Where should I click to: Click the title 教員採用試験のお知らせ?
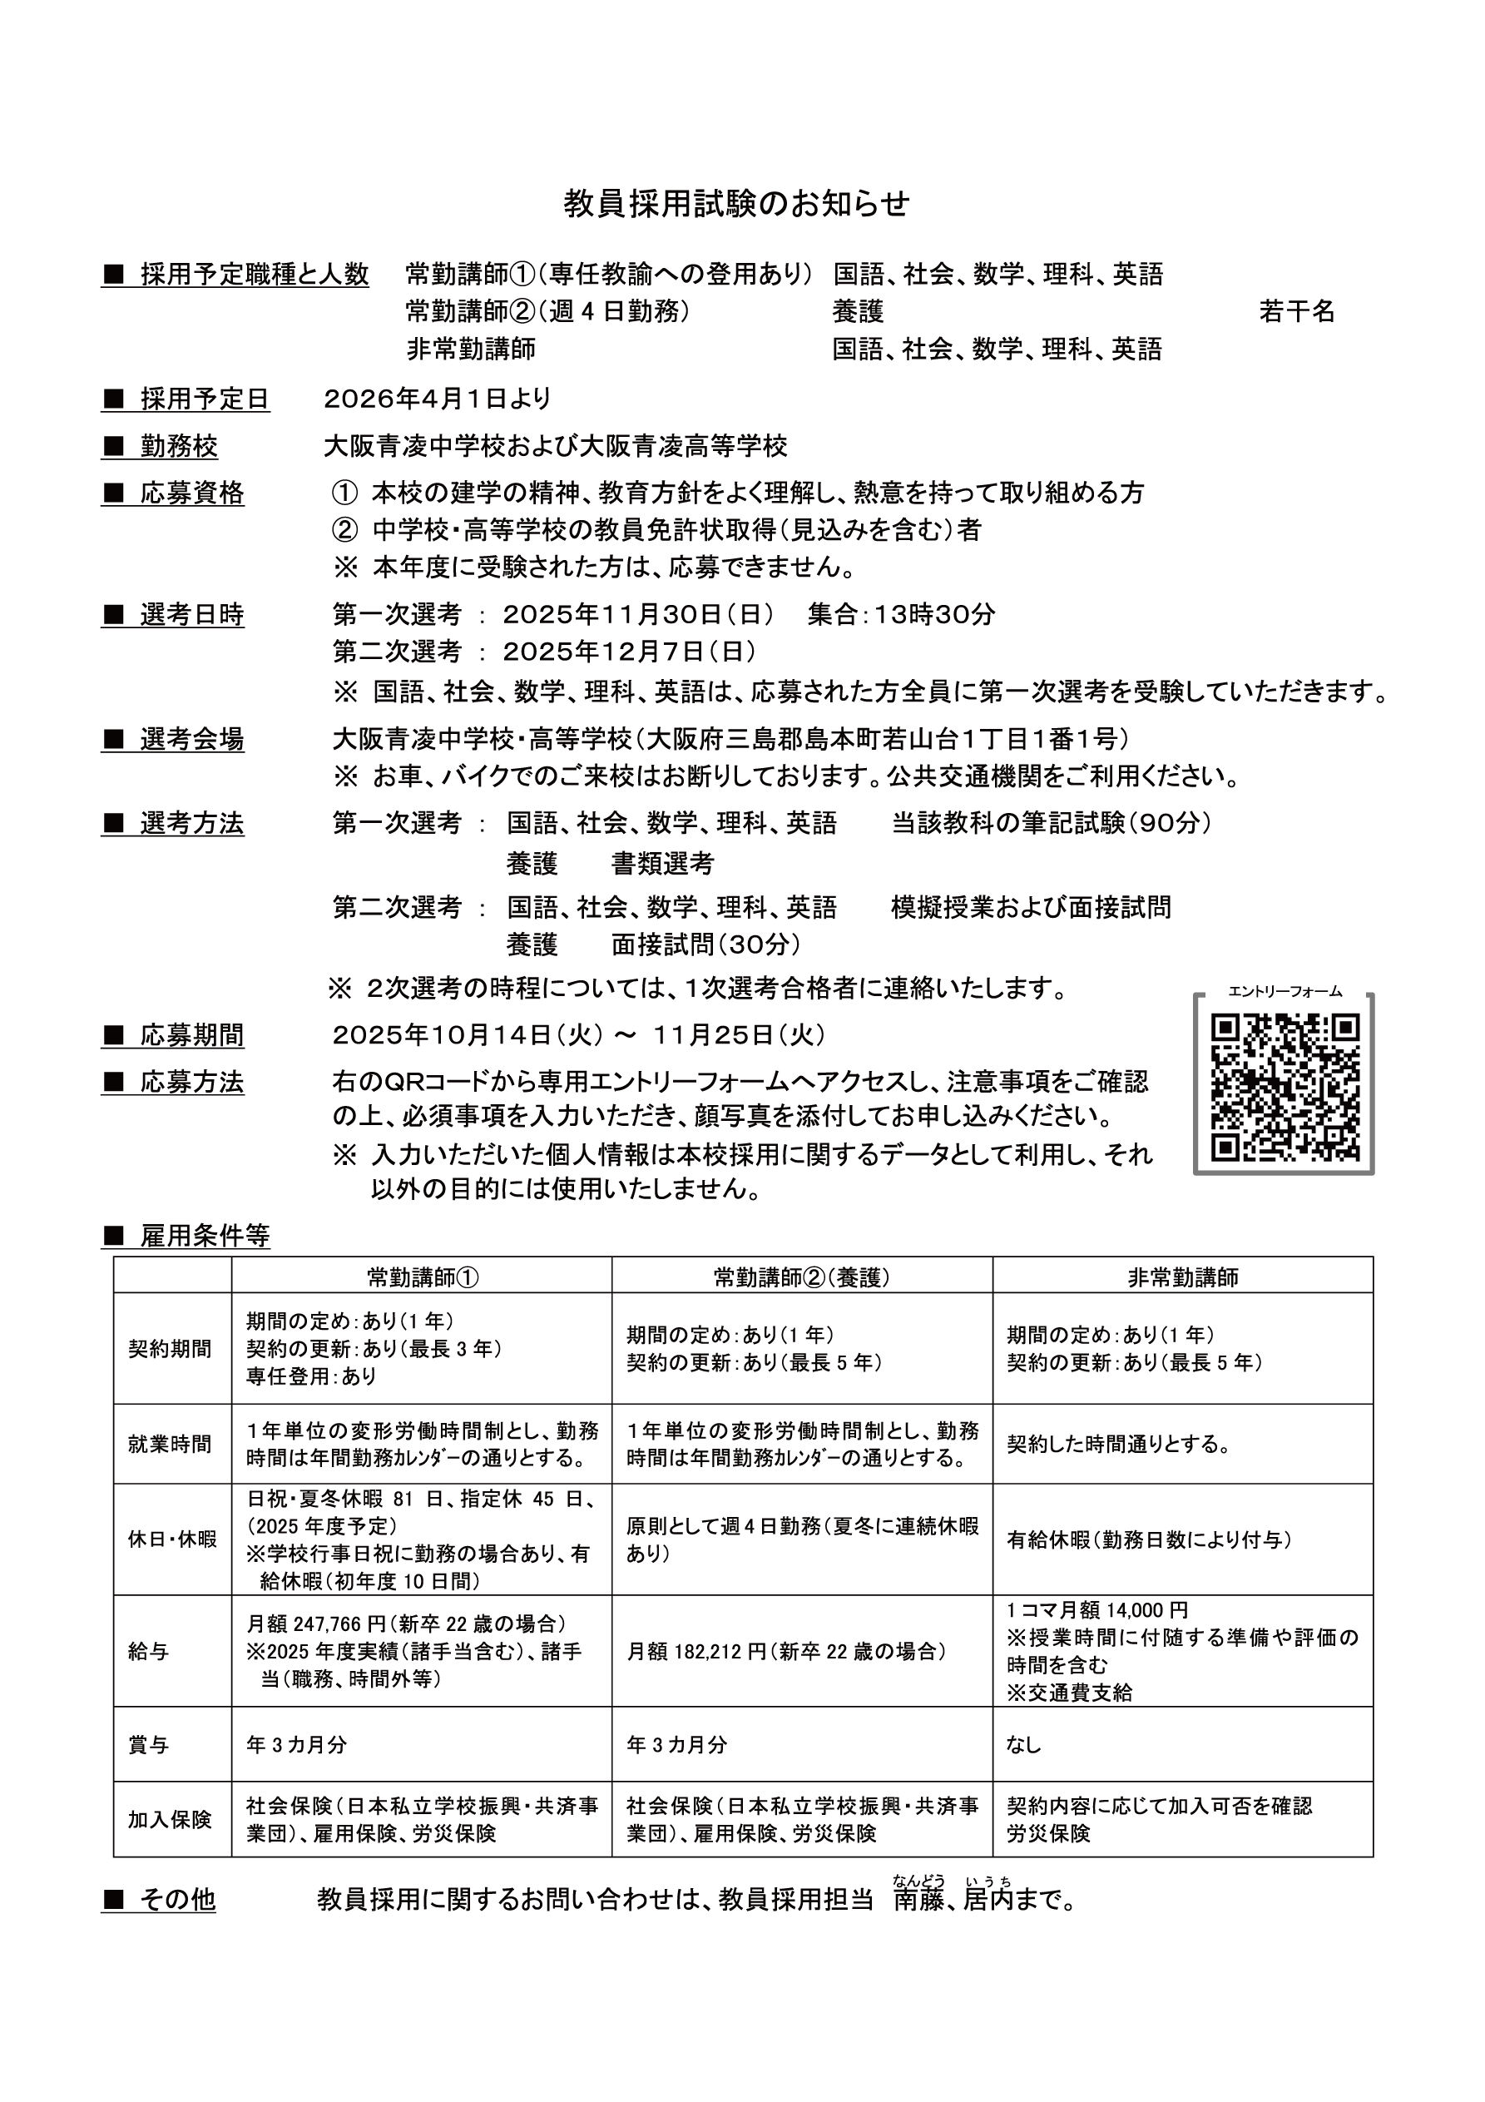736,203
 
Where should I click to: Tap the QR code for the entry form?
1284,1087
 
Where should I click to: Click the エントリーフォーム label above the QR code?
1285,991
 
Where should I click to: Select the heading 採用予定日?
204,399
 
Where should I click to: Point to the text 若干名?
1296,311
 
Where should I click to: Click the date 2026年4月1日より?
438,399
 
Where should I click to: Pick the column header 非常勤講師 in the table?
1182,1277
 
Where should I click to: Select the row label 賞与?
149,1745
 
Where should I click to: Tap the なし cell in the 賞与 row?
1024,1745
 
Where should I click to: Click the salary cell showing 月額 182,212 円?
787,1652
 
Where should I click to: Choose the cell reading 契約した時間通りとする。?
1119,1445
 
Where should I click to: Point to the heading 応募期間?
191,1035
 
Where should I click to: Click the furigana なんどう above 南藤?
918,1881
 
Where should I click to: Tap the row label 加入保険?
171,1819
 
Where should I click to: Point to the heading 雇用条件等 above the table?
204,1237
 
